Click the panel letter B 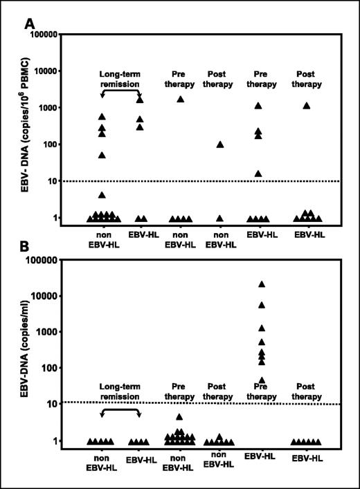point(30,246)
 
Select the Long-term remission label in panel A point(121,79)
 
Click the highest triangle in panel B point(262,284)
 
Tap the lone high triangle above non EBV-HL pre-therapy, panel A point(181,99)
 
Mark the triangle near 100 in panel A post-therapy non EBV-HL point(220,145)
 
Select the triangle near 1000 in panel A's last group point(306,106)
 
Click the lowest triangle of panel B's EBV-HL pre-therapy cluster point(262,380)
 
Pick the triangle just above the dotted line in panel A point(258,174)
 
